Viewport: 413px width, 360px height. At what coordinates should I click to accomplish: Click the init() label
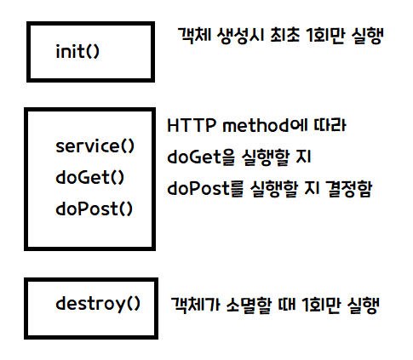tap(77, 51)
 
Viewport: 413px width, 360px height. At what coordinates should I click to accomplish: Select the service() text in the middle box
tap(95, 146)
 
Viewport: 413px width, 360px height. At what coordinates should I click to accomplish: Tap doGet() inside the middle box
tap(90, 178)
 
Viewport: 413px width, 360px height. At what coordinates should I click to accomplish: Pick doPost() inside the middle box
tap(95, 209)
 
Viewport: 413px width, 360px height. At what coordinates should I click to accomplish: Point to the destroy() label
tap(98, 304)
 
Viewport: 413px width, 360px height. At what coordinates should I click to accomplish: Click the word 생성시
tap(241, 36)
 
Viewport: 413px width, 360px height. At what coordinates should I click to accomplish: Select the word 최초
tap(285, 35)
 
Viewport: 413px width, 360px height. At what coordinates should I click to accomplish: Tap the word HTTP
tap(192, 125)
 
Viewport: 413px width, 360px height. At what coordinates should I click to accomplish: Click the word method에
tap(265, 125)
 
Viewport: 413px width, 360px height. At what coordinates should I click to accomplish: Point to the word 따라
tap(330, 125)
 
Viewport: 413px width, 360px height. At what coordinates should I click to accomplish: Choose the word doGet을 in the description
tap(201, 157)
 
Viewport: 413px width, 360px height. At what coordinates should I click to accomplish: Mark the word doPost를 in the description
tap(205, 189)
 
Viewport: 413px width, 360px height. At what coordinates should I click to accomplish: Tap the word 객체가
tap(195, 305)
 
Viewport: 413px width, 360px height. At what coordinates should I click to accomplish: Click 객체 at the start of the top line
tap(194, 35)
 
